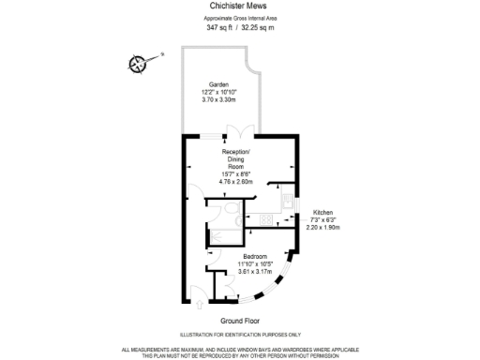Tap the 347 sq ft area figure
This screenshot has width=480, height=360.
(217, 27)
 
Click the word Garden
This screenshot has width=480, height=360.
(218, 83)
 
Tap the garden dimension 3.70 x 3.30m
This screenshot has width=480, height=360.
(218, 98)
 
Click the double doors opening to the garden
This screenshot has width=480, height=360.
(240, 130)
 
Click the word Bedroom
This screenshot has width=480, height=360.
(256, 256)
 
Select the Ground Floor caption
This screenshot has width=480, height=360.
(240, 319)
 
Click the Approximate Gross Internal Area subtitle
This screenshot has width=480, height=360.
(240, 18)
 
